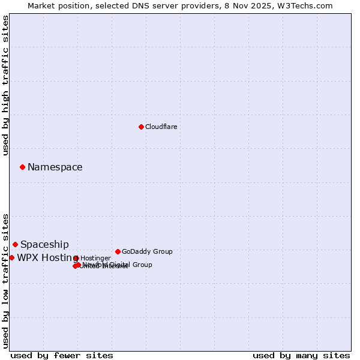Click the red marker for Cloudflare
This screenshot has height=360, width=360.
[x=141, y=127]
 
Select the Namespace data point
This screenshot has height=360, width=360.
[x=22, y=167]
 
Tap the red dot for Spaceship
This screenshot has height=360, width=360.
[x=15, y=244]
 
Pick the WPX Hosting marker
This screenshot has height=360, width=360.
[x=11, y=257]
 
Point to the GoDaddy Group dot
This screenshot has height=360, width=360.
[x=118, y=251]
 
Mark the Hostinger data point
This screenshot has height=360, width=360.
[x=76, y=258]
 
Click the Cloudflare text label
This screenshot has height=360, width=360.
[x=161, y=127]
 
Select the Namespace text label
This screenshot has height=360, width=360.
[x=55, y=167]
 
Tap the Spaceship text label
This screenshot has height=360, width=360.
[x=44, y=245]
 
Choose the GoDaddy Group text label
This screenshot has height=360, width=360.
[x=147, y=251]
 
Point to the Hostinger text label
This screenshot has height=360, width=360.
[x=95, y=258]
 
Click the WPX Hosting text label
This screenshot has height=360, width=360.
[x=44, y=258]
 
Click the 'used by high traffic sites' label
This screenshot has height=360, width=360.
[x=5, y=86]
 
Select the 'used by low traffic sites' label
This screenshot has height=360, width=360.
[x=5, y=281]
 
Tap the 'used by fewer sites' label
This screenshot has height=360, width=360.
[x=62, y=355]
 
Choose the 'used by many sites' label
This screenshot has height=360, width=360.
[x=301, y=355]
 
